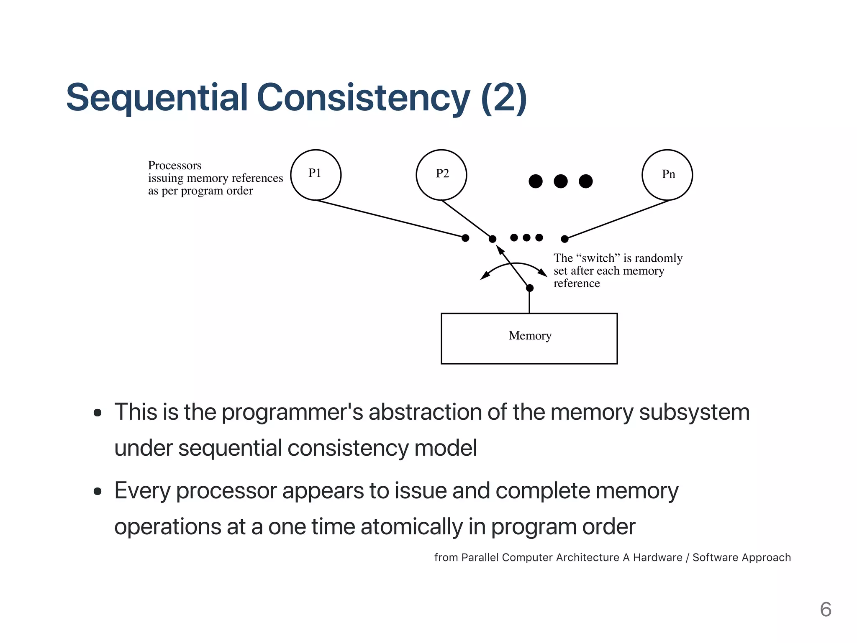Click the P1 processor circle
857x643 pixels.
tap(316, 175)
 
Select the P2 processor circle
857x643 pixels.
tap(441, 175)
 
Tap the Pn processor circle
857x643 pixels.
tap(667, 175)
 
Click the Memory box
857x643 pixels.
tap(529, 338)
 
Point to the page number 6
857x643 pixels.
tap(825, 609)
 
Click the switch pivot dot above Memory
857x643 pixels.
tap(530, 288)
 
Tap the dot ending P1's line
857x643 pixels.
tap(465, 238)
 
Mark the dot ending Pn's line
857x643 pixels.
tap(564, 239)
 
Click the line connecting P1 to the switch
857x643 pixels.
tap(389, 219)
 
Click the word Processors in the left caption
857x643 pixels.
tap(174, 166)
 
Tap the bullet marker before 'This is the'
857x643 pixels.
tap(98, 413)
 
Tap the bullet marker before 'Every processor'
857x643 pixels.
tap(98, 491)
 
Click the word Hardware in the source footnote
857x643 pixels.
tap(657, 557)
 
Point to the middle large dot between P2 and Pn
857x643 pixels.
tap(560, 181)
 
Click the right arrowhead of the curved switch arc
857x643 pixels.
tap(543, 273)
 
